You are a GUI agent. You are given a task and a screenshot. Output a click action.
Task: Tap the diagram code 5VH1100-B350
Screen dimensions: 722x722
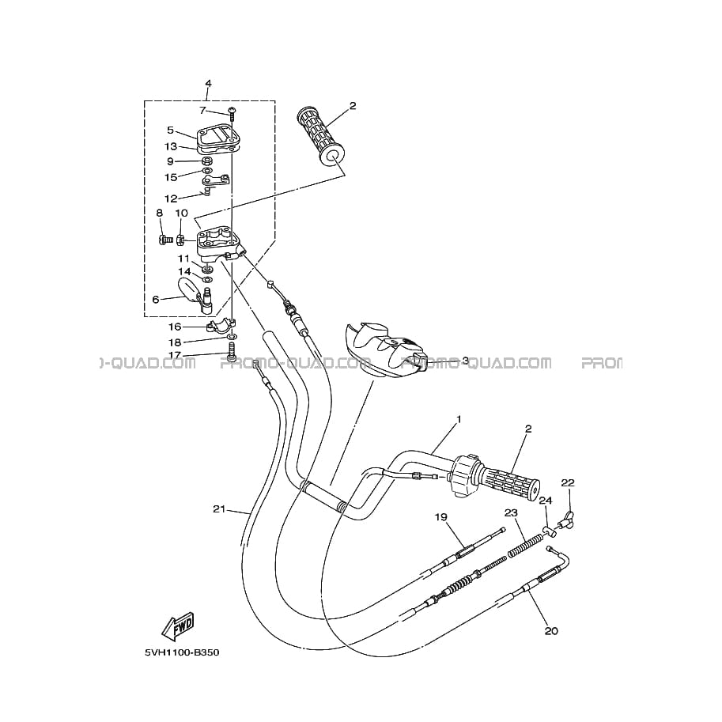182,652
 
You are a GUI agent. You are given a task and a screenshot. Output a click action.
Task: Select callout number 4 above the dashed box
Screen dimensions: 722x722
208,83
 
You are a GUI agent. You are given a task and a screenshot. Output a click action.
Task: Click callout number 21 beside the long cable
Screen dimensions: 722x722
219,508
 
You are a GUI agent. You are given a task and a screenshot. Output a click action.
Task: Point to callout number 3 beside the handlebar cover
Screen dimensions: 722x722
465,361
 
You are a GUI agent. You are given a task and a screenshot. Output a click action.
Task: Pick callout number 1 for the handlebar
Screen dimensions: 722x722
458,419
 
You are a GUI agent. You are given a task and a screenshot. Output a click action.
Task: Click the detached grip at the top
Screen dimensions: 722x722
320,138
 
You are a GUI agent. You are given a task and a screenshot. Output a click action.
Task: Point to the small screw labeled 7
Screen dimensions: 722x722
232,112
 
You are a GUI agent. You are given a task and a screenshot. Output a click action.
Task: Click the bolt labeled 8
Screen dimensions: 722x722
165,239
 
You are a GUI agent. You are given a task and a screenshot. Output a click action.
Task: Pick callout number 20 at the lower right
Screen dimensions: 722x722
551,630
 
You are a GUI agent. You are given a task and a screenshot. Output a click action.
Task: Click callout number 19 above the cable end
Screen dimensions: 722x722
440,517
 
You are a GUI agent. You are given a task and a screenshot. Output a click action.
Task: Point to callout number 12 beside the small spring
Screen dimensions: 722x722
171,199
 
